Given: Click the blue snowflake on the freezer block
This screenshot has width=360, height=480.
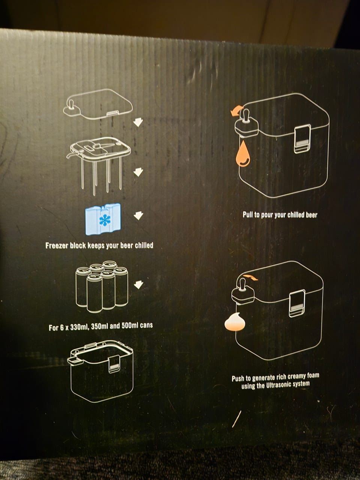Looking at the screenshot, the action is point(105,220).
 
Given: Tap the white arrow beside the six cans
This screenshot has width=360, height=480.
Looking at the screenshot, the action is point(138,284).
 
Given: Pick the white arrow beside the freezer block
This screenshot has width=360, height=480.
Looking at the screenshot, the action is point(138,216).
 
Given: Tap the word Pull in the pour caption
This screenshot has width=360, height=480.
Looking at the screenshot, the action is point(247,214).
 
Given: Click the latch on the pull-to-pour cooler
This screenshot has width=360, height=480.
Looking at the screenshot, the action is point(302,139).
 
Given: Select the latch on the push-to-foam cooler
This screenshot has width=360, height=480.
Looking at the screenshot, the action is point(297,303).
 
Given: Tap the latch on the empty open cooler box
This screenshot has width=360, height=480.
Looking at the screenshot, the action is point(114,364).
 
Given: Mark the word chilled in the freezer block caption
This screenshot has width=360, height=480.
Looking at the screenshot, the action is point(144,245).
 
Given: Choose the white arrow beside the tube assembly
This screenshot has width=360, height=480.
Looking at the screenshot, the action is point(138,172).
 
